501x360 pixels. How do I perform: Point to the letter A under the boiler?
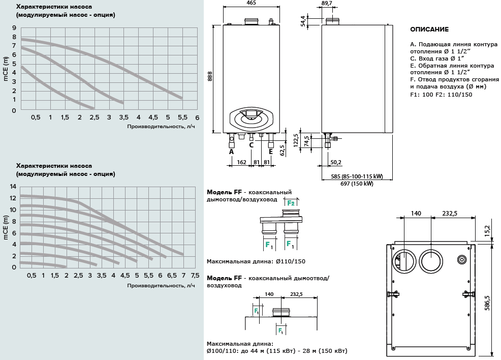[x=231, y=152]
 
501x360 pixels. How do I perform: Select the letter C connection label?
[x=251, y=145]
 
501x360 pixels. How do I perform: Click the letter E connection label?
[x=271, y=152]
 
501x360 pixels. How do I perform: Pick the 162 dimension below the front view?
[x=241, y=162]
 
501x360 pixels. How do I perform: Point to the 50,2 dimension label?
[x=335, y=162]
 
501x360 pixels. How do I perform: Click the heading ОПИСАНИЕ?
[x=429, y=29]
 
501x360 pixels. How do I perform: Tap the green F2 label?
[x=291, y=203]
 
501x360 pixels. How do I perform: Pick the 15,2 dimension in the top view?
[x=486, y=231]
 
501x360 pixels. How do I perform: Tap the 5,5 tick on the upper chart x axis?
[x=182, y=117]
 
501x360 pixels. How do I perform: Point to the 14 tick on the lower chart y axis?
[x=13, y=187]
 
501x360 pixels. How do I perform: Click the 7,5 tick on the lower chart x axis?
[x=195, y=275]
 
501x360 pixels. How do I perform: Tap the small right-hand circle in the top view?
[x=462, y=258]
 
